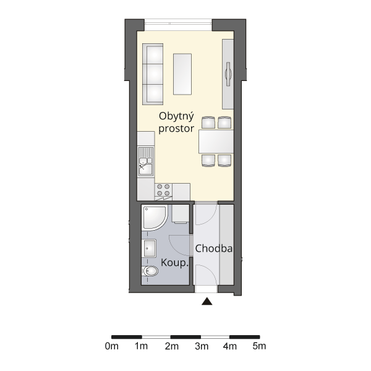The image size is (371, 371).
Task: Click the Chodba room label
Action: click(x=214, y=249)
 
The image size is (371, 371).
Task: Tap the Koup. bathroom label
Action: click(x=175, y=263)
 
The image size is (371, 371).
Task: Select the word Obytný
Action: click(x=176, y=117)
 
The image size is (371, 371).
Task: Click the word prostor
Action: click(x=176, y=129)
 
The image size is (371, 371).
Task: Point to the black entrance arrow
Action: click(x=207, y=301)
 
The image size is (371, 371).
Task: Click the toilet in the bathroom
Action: click(x=150, y=271)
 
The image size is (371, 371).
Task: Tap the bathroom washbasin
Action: click(x=149, y=248)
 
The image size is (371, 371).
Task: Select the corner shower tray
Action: click(x=155, y=218)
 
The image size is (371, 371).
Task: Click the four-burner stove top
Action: click(x=163, y=190)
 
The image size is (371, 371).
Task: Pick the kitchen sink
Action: click(x=145, y=162)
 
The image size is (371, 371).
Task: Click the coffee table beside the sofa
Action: click(x=182, y=74)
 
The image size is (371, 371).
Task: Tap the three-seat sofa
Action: click(x=153, y=74)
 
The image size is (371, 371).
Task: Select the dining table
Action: click(x=216, y=142)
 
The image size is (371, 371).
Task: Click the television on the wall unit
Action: click(x=228, y=74)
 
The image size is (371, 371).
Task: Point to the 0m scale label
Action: click(x=112, y=346)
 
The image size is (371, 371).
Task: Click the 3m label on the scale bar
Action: click(x=202, y=346)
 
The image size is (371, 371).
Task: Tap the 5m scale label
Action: click(x=259, y=346)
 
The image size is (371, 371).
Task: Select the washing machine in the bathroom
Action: click(x=181, y=214)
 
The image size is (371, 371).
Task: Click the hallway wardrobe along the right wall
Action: click(x=227, y=245)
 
